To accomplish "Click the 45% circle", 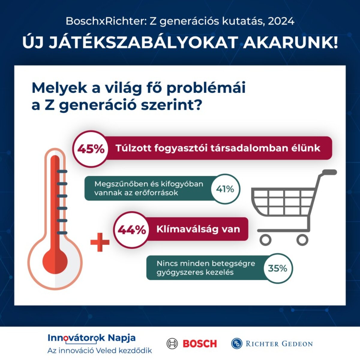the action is [91, 149].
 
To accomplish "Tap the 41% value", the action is [225, 189].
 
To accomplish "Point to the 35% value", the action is [277, 268].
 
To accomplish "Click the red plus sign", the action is [100, 242].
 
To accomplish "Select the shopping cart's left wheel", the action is [265, 240].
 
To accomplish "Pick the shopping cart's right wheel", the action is [302, 240].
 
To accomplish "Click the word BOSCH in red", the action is [200, 343].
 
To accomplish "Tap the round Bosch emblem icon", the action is [172, 343].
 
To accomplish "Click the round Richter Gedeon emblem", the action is [237, 343].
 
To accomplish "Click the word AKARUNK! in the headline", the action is [290, 42].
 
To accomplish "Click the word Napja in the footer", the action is [121, 338].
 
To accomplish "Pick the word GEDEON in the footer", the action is [297, 344].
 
